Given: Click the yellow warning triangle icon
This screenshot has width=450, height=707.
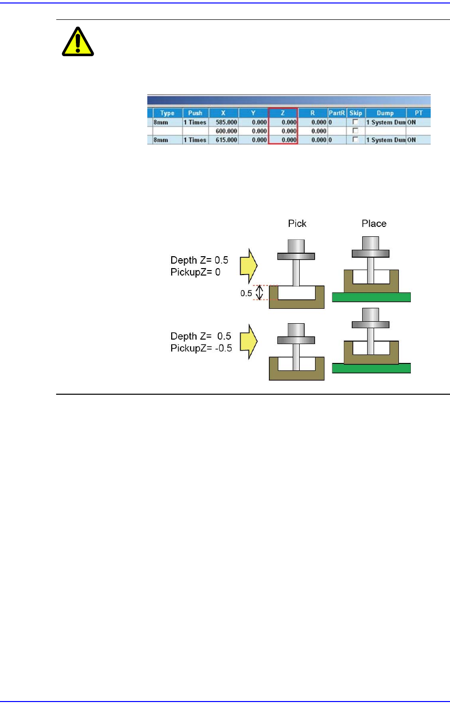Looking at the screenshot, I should tap(78, 41).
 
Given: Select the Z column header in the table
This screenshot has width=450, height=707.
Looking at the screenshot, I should tap(283, 113).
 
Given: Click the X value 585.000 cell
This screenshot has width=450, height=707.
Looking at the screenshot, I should tap(224, 122).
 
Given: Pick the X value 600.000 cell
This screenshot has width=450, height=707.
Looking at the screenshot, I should tap(224, 131).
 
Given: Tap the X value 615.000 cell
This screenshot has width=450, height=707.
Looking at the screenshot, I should tap(224, 140).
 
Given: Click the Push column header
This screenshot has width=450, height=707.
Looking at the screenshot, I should tap(195, 113).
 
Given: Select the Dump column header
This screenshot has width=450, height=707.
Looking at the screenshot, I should tap(385, 113).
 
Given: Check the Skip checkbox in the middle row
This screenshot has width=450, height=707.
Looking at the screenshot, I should tap(355, 131).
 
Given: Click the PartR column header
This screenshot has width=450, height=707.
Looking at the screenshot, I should tap(336, 113).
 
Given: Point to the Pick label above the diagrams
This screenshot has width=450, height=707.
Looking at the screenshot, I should tap(297, 223).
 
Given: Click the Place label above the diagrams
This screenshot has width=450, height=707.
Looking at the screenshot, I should tap(374, 223).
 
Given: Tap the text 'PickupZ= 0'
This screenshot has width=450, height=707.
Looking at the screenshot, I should tap(195, 272).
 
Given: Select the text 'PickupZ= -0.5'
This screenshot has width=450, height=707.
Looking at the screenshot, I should tap(201, 348).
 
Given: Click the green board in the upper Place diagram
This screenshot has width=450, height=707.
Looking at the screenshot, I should tap(371, 297).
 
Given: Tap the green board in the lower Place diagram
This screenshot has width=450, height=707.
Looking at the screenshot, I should tap(371, 368).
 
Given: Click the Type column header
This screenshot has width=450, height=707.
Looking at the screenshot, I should tap(167, 113).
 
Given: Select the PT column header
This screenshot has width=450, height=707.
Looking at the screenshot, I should tap(418, 113).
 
